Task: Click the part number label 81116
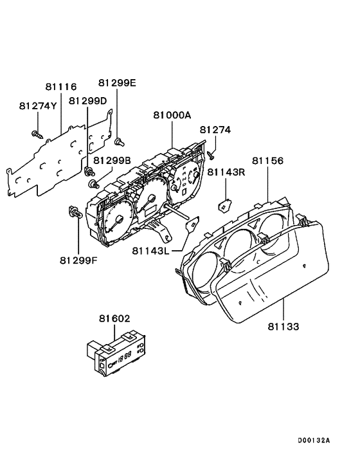[x=61, y=87]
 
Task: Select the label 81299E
[x=117, y=83]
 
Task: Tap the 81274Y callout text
[x=38, y=106]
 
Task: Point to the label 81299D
[x=87, y=101]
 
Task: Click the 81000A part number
[x=172, y=115]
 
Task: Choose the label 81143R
[x=226, y=172]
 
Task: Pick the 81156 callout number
[x=267, y=160]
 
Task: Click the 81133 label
[x=283, y=327]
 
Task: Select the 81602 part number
[x=114, y=318]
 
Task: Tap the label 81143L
[x=150, y=251]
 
